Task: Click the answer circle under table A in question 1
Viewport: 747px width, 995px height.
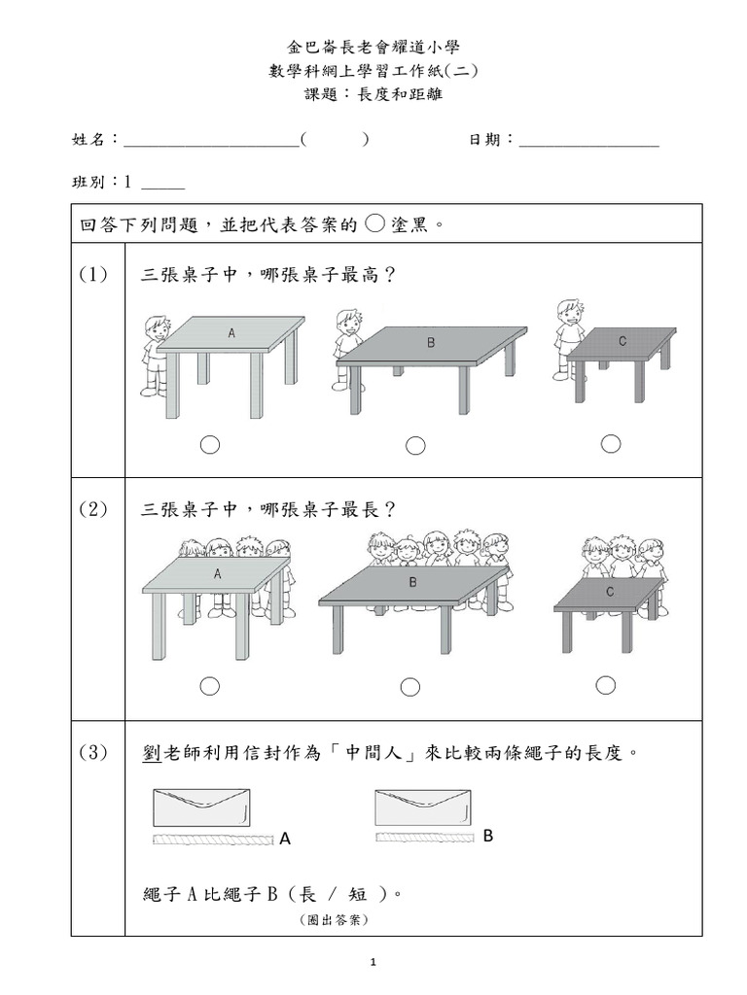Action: [x=210, y=445]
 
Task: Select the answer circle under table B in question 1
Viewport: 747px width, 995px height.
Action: [x=415, y=446]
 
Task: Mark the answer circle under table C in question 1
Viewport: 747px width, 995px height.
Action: [x=611, y=444]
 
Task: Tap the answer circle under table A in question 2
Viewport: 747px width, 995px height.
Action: [x=210, y=687]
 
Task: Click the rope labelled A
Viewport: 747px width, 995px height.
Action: [x=212, y=838]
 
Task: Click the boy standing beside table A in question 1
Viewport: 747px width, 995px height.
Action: [x=154, y=356]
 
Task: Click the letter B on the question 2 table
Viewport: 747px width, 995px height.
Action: [x=412, y=583]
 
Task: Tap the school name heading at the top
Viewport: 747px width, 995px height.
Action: [x=373, y=47]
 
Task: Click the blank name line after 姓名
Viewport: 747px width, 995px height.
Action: [x=211, y=143]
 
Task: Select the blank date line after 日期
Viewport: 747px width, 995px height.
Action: [x=589, y=143]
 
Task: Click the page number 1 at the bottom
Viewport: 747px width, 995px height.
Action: [x=373, y=963]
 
